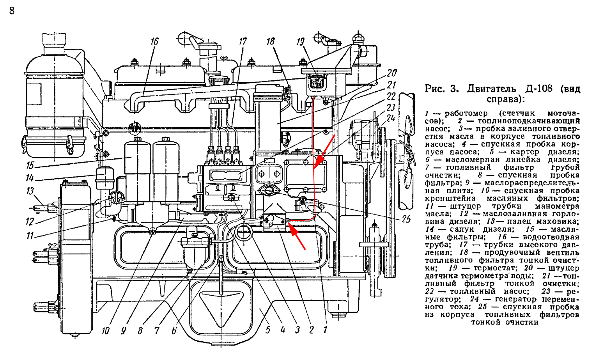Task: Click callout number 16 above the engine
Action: tap(155, 41)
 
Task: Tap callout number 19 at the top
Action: tap(301, 41)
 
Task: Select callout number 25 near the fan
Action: tap(406, 219)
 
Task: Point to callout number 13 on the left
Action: tap(30, 191)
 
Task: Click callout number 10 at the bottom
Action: tap(105, 331)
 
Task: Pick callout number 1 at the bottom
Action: tap(324, 330)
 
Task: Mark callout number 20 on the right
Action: tap(391, 73)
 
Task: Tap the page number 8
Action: tap(12, 11)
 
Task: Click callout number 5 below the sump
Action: tap(268, 330)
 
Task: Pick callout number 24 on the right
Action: tap(391, 118)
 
